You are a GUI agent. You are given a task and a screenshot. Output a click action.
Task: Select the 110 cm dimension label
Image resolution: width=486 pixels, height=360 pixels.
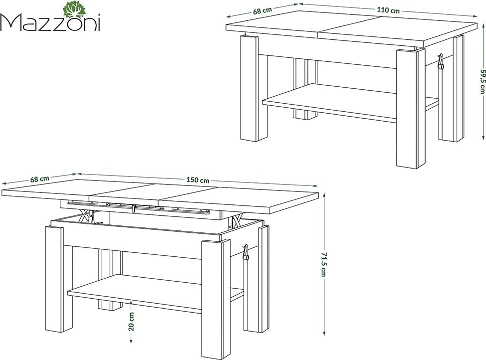click(388, 10)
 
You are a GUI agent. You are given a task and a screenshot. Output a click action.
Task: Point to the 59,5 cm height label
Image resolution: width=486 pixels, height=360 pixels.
click(481, 81)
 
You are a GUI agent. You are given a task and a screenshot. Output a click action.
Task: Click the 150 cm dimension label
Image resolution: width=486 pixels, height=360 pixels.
click(198, 180)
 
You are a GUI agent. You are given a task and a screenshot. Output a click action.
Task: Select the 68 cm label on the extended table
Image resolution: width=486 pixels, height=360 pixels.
click(39, 179)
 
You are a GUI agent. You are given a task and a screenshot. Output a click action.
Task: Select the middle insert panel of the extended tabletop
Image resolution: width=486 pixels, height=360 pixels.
click(126, 190)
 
